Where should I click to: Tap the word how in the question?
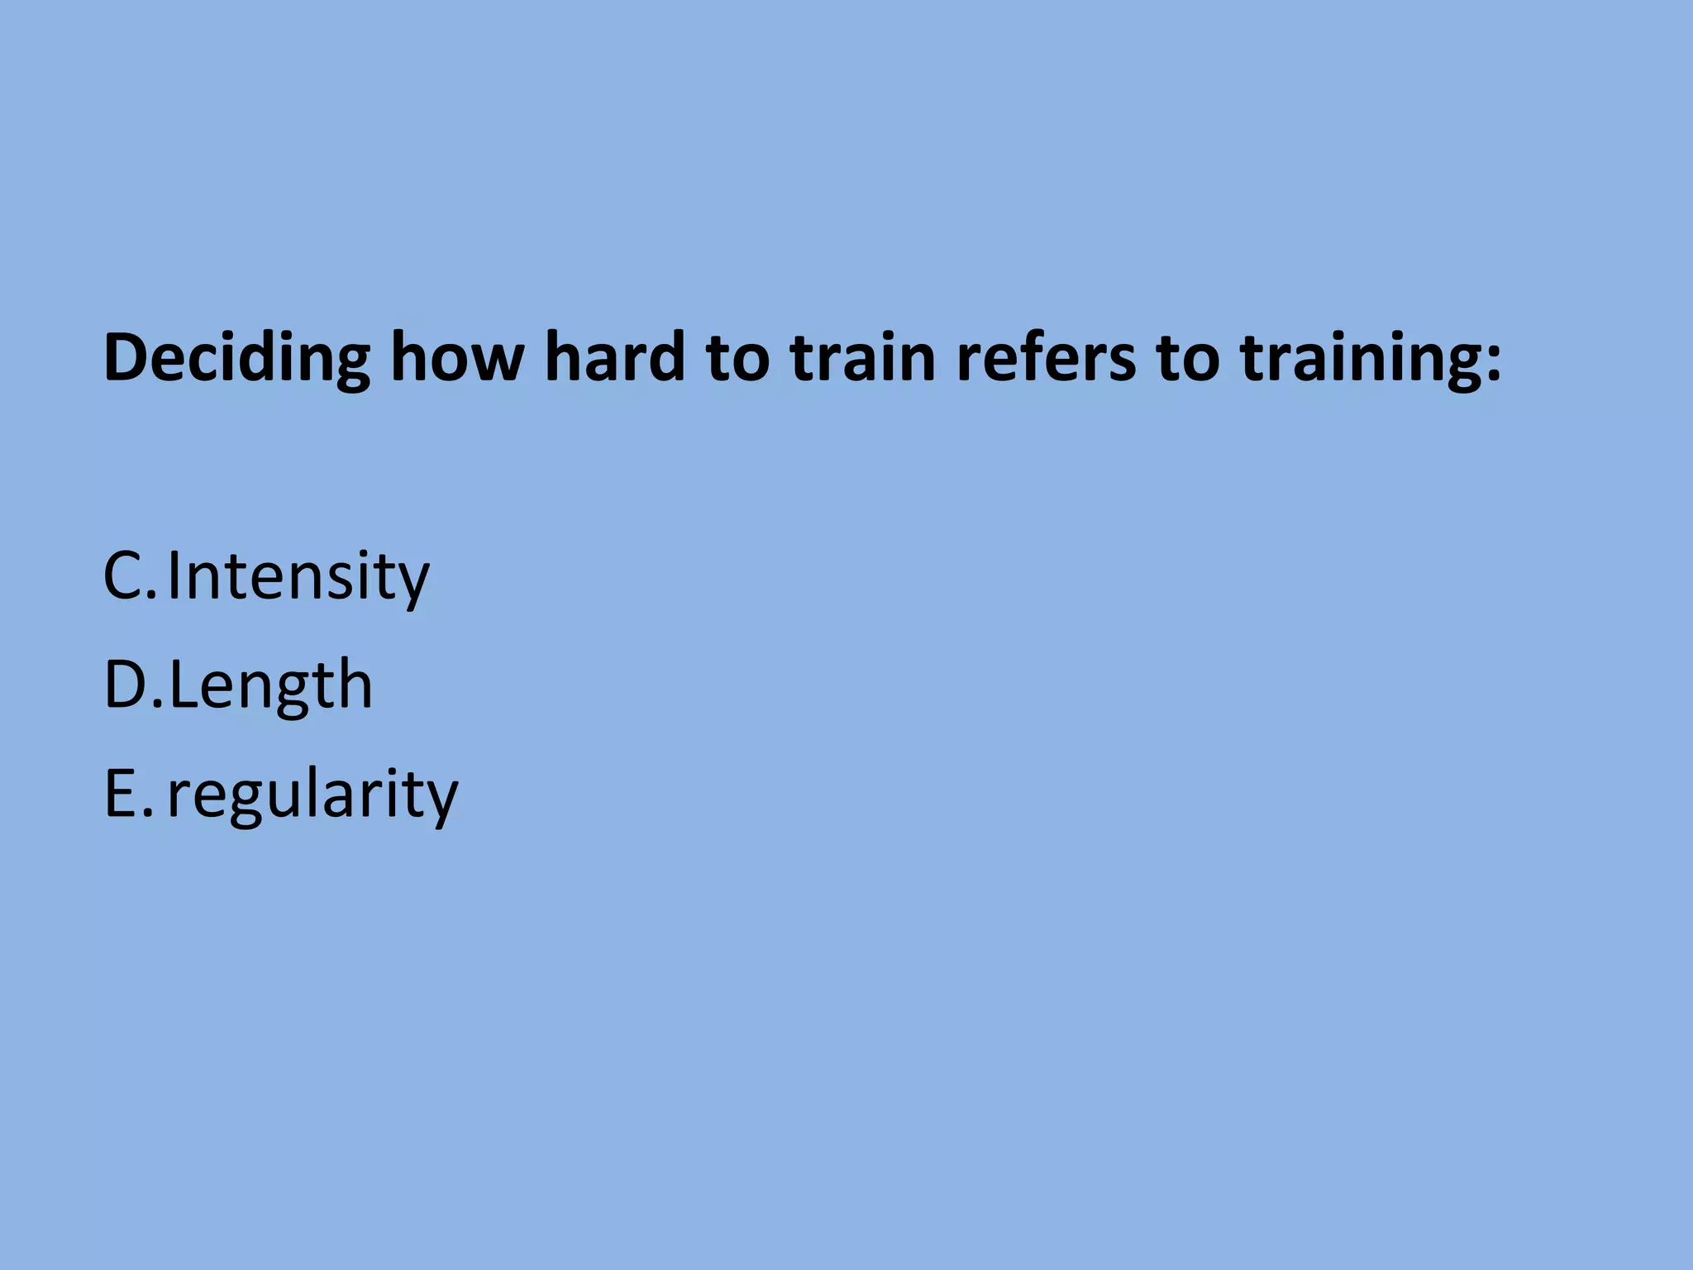457,357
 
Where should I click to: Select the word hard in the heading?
615,357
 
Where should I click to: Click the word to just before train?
737,359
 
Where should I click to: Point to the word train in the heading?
863,357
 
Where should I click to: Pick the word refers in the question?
1046,357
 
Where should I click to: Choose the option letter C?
124,575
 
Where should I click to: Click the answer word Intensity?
298,576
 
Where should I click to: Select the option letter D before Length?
126,685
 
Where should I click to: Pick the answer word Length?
271,686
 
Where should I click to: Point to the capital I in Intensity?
174,575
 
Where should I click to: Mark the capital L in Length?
184,685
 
